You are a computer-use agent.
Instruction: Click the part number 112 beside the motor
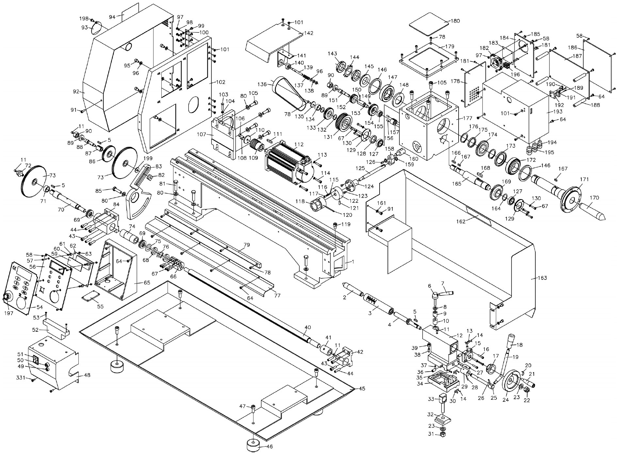point(299,144)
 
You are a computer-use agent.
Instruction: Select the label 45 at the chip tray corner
point(362,388)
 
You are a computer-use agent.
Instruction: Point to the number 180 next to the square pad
point(455,21)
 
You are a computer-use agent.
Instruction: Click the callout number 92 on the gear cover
point(76,92)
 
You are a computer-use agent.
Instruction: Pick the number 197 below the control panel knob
point(8,313)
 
